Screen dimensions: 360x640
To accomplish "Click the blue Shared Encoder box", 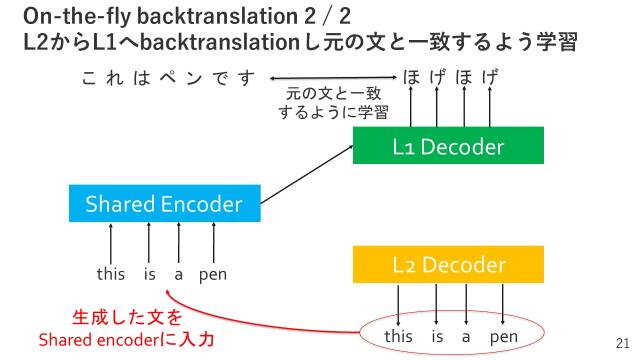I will (x=164, y=205).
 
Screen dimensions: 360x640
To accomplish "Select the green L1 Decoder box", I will (x=447, y=148).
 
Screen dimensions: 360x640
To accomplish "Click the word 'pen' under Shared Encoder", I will (x=213, y=272).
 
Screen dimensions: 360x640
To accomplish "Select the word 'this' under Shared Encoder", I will (x=111, y=272).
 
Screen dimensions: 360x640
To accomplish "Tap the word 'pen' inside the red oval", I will (x=504, y=336).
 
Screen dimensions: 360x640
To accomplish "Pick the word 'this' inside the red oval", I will (x=398, y=336).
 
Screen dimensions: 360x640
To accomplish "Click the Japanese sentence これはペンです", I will (x=168, y=77).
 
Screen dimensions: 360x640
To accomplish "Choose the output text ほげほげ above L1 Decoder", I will (x=450, y=77).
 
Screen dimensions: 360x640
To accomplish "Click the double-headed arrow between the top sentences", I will (x=331, y=78).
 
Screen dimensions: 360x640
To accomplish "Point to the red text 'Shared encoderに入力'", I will (x=126, y=340).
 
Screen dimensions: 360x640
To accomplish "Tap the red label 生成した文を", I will (x=127, y=319).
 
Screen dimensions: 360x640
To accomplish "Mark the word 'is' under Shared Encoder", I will (x=150, y=272).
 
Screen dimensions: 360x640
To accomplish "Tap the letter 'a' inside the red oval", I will (x=465, y=336).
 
